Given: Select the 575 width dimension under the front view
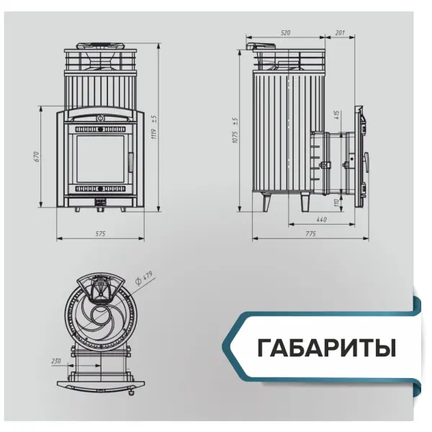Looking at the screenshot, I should tap(101, 233).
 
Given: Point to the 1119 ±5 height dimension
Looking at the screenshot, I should tap(153, 127).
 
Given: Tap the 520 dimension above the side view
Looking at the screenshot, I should tap(286, 33).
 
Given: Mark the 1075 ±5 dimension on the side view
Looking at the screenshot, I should tap(235, 130).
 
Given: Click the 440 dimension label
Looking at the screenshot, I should tap(321, 219).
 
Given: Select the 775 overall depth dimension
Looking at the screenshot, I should tap(310, 233).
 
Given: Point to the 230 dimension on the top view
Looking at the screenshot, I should tap(56, 361).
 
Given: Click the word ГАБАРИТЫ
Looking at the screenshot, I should tap(326, 348).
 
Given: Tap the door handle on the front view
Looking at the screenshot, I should tap(130, 162).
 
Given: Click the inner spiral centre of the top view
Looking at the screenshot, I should tap(101, 317).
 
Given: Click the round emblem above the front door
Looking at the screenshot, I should tap(101, 115).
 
